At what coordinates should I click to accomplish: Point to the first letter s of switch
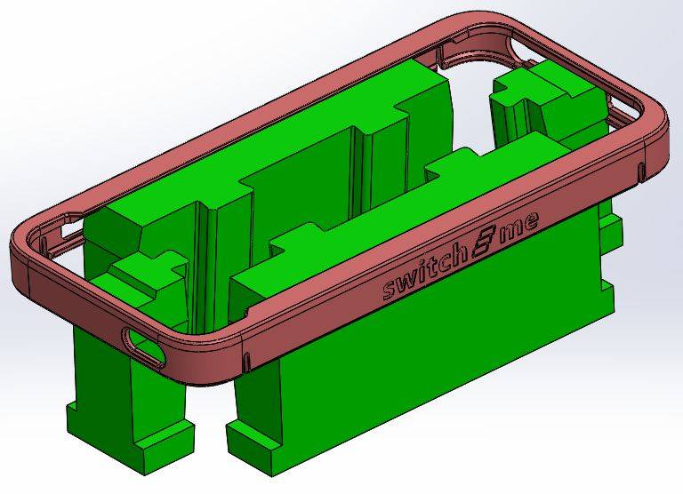[390, 291]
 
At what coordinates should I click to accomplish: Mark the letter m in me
[512, 230]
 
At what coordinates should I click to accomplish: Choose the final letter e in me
[533, 221]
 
